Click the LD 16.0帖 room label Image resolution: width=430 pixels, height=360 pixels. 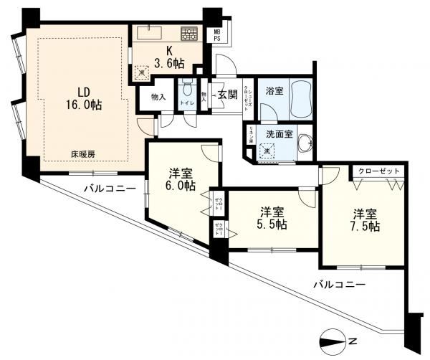pos(85,98)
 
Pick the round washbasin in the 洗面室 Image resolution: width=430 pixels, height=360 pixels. pos(307,142)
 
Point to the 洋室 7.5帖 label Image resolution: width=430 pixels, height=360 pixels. pos(364,219)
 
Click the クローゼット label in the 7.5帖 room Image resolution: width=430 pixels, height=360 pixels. pos(377,172)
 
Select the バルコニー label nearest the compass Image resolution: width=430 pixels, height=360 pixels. pos(339,285)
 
